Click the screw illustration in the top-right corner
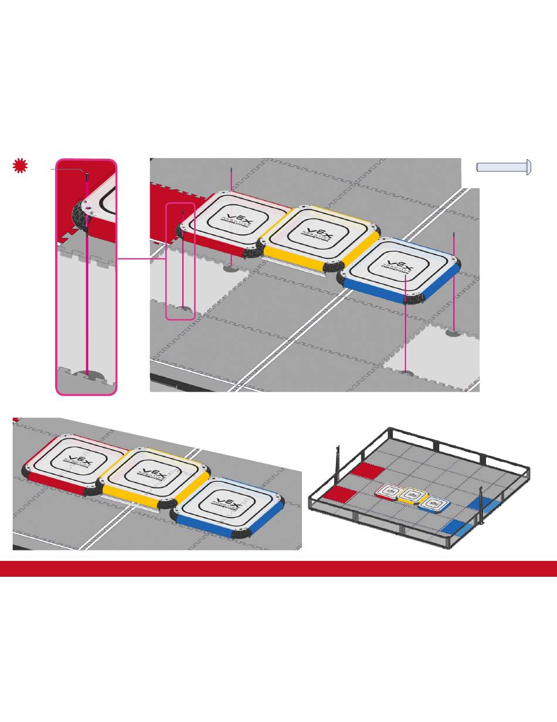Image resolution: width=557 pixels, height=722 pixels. (504, 167)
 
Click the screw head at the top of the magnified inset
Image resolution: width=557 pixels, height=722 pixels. (86, 174)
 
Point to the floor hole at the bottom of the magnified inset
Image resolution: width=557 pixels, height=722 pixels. (87, 374)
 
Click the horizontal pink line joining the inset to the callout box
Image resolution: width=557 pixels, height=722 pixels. (141, 259)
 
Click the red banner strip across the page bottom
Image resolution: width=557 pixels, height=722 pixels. (278, 569)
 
